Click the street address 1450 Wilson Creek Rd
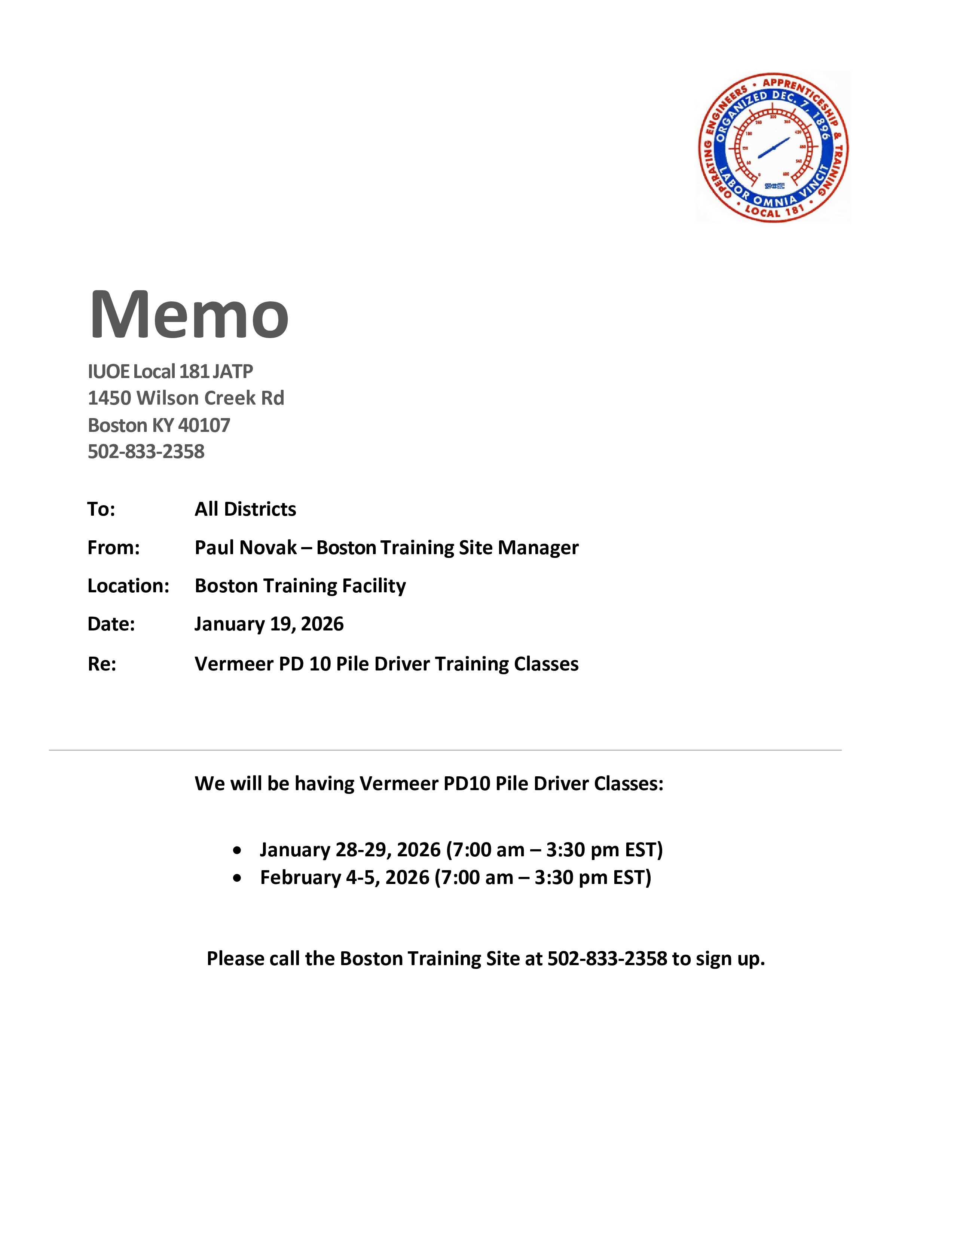186,398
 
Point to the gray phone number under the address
146,451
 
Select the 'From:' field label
113,547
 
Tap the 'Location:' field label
128,586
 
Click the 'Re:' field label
102,663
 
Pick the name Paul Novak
245,547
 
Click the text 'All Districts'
245,509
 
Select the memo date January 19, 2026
269,624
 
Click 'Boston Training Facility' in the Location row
300,586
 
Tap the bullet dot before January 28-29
237,850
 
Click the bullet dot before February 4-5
237,878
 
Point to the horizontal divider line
445,750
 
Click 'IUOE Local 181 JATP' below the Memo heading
170,371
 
